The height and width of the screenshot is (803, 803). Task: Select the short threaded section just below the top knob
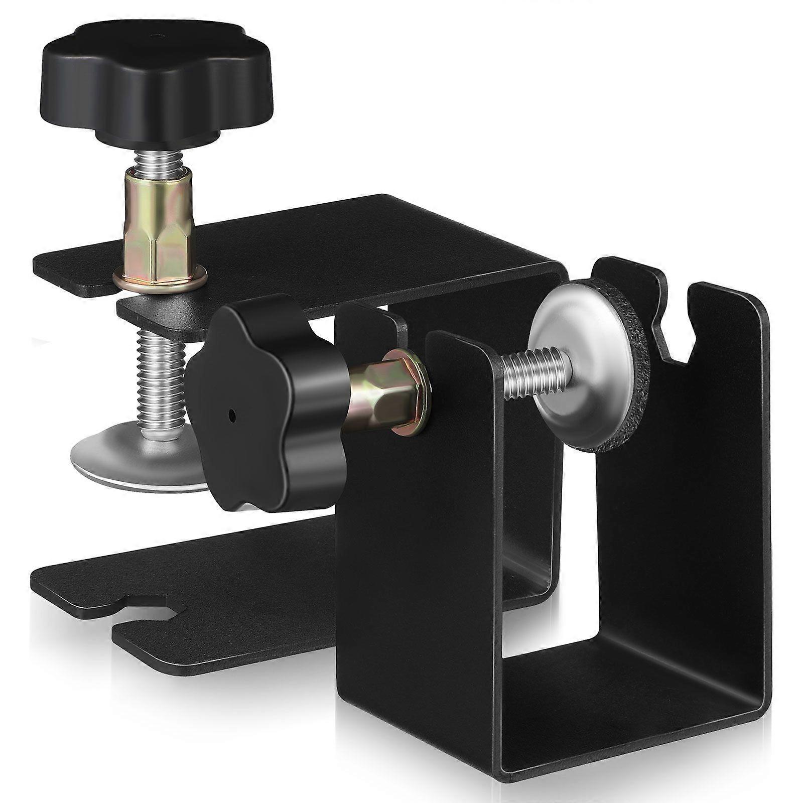coord(158,161)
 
